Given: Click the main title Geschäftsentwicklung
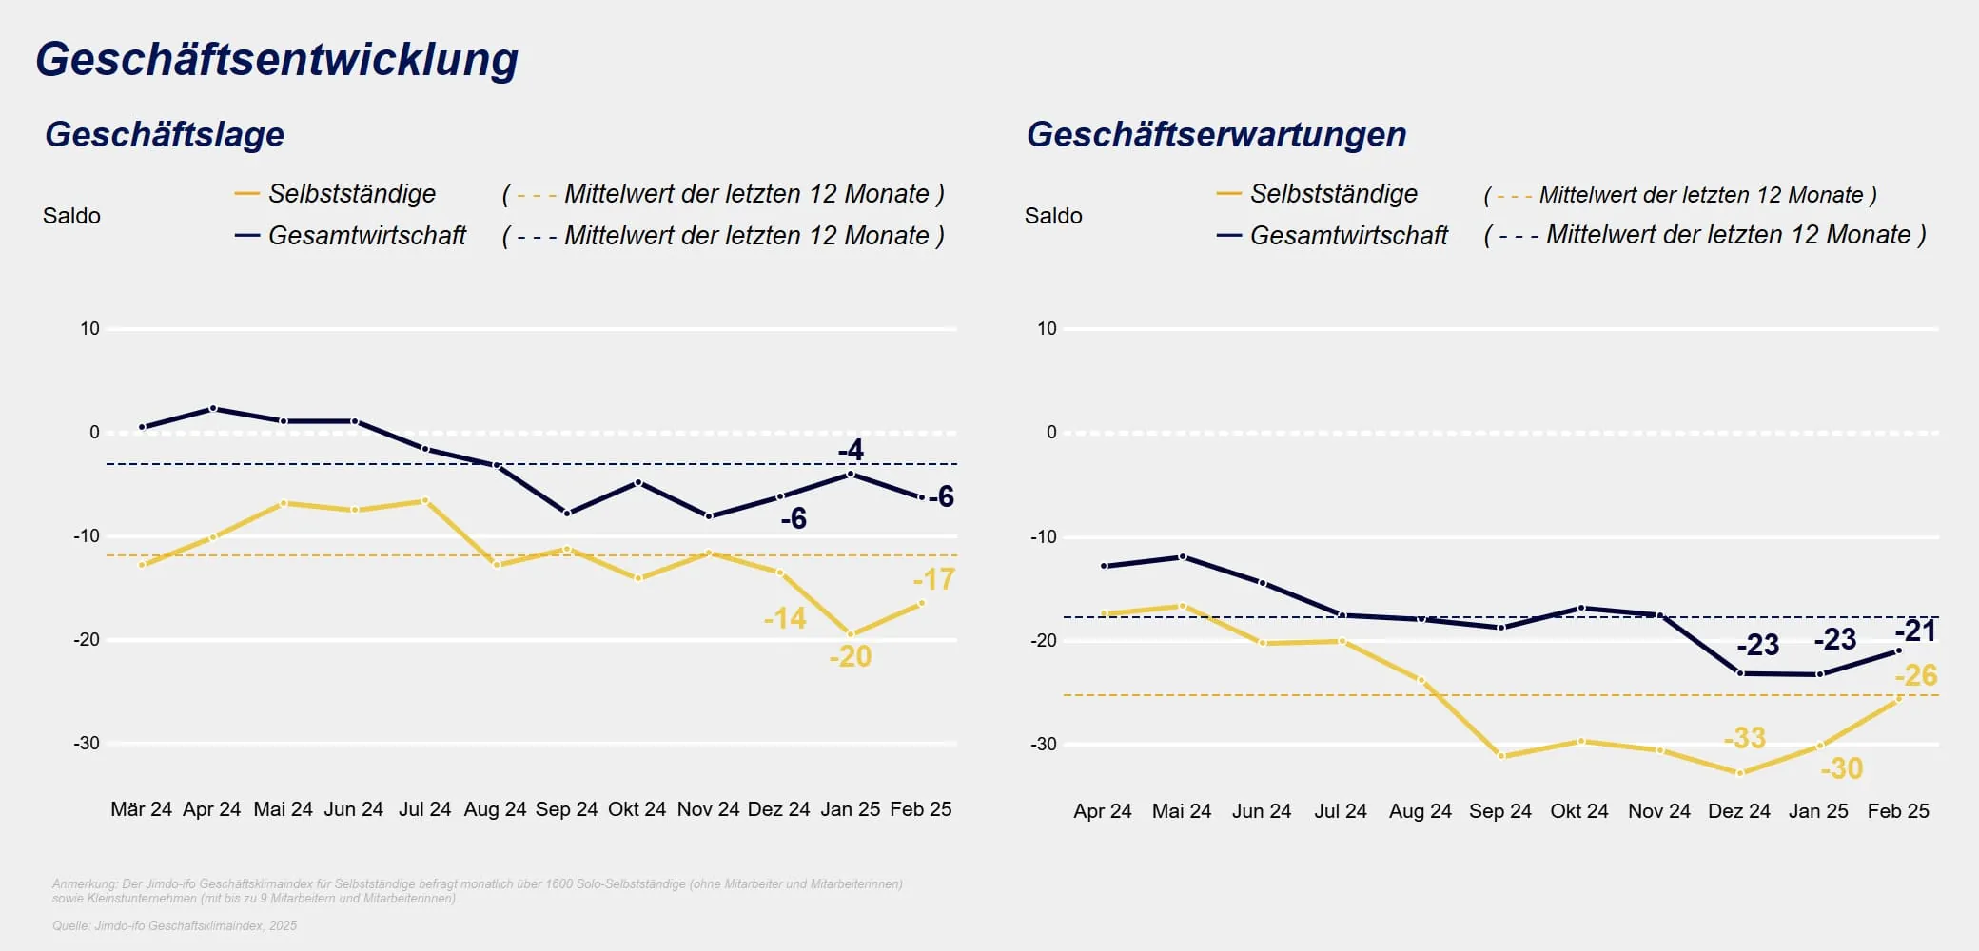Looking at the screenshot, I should [x=277, y=59].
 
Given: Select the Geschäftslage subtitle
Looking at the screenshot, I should [x=165, y=134].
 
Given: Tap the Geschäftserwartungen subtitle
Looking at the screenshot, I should [x=1216, y=134].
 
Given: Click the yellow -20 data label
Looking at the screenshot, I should [x=850, y=656].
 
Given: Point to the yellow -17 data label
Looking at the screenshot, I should [x=933, y=578].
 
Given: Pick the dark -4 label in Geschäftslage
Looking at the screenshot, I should [x=851, y=449].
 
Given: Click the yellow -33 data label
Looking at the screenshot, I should [x=1744, y=737].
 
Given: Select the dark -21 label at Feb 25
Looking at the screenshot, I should [x=1915, y=631].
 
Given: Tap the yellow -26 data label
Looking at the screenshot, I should [x=1915, y=675].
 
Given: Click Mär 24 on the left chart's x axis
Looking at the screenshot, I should [x=141, y=809].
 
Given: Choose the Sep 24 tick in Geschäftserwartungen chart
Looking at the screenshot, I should [x=1499, y=811].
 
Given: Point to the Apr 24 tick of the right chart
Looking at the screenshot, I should [x=1102, y=811].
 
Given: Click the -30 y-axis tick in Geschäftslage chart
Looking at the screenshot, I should [x=87, y=743].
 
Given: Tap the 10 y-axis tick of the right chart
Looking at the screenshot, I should [x=1047, y=328].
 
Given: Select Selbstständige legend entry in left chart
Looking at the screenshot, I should [x=351, y=194].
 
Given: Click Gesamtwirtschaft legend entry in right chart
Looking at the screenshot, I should [x=1348, y=235].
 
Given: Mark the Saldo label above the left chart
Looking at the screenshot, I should [x=71, y=216].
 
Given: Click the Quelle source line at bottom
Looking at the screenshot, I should [x=174, y=925].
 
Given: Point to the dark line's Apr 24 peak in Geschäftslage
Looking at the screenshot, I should [x=212, y=409].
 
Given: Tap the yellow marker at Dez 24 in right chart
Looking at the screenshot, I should [x=1739, y=773].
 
